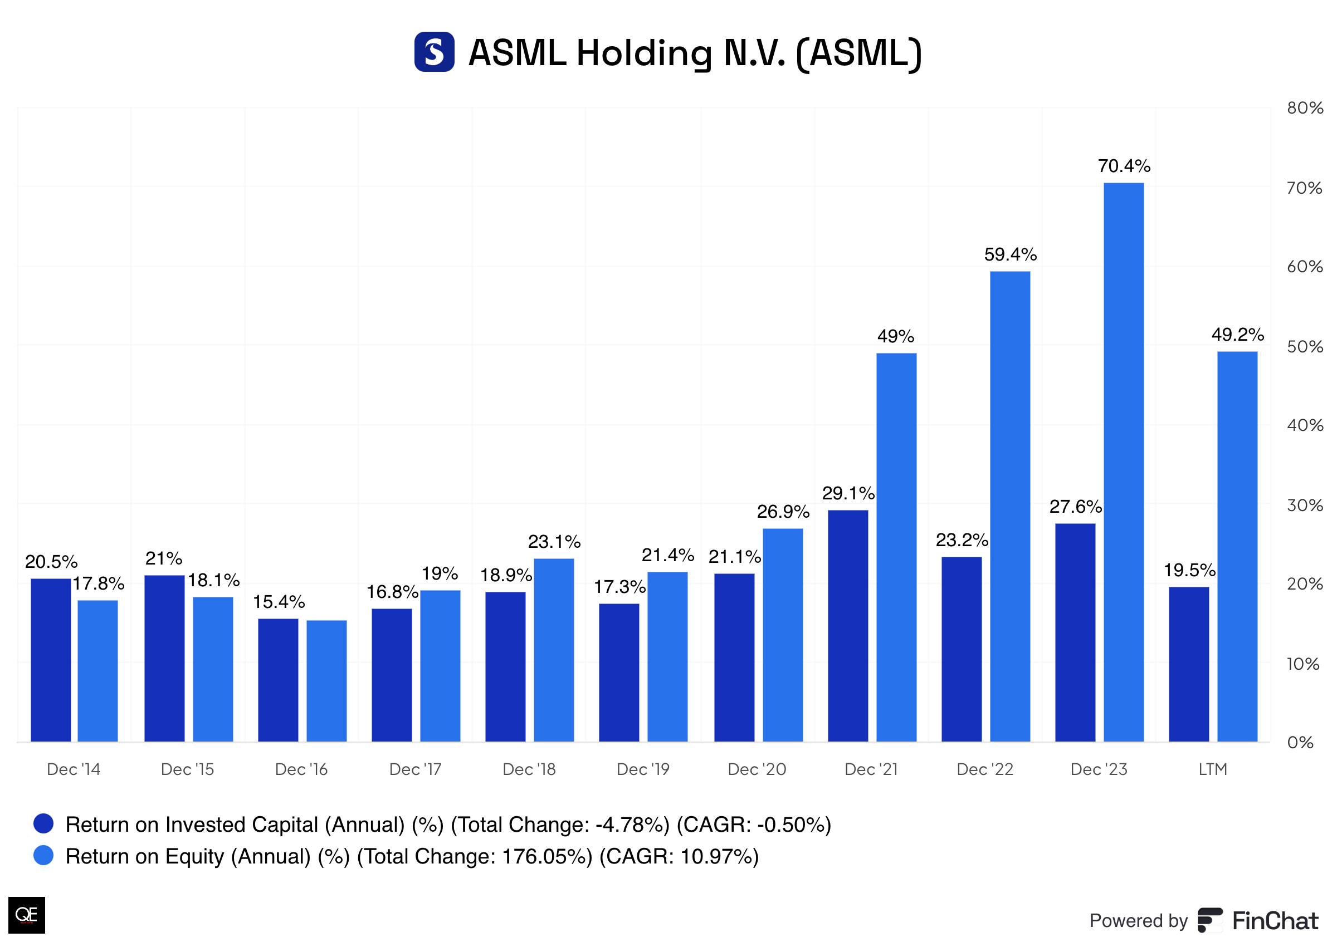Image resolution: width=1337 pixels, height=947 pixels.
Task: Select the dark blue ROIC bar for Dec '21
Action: [x=847, y=626]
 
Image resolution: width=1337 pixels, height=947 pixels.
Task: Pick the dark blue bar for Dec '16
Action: [x=278, y=680]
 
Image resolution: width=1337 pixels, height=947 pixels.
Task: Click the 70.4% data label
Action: [x=1124, y=166]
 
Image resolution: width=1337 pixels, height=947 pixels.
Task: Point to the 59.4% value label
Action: [x=1010, y=255]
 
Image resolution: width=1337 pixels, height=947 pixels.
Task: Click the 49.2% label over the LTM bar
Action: [x=1237, y=335]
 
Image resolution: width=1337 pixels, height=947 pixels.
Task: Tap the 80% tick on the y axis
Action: [x=1304, y=108]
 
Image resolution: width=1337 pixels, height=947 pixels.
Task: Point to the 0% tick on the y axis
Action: [x=1300, y=742]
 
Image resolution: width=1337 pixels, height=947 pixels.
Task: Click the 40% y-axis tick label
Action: [x=1304, y=425]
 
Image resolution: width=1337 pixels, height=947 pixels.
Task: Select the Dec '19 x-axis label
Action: [x=643, y=769]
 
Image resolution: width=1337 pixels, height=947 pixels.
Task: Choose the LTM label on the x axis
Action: [x=1212, y=769]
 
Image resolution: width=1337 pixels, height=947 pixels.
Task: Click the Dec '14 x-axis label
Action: [x=74, y=769]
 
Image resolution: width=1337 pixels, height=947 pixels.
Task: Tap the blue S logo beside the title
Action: [x=434, y=52]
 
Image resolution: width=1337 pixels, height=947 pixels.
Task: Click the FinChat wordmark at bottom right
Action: [x=1275, y=921]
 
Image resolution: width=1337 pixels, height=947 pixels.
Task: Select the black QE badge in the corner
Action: [x=26, y=914]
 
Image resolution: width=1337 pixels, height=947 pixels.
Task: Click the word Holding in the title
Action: [x=644, y=53]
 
